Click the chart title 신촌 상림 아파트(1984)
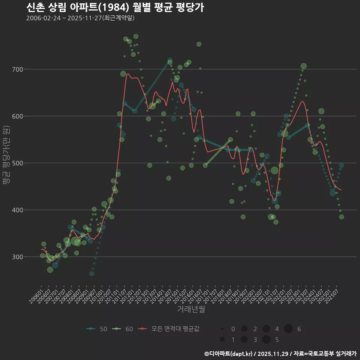click(x=115, y=7)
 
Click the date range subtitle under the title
click(x=80, y=18)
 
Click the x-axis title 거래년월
click(x=191, y=309)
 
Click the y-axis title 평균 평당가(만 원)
click(x=6, y=156)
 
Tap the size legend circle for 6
click(x=288, y=329)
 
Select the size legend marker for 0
click(x=222, y=329)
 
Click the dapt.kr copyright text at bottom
click(x=280, y=354)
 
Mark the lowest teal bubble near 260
click(x=92, y=274)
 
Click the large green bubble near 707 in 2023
click(x=303, y=66)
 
